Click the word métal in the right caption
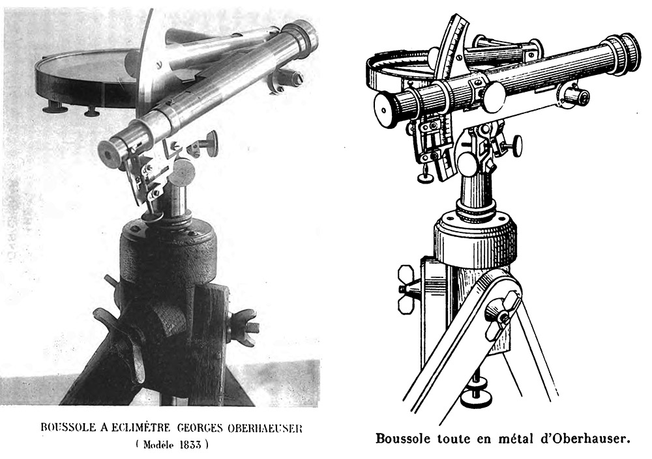tap(516, 439)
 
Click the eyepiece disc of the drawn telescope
tap(385, 109)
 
